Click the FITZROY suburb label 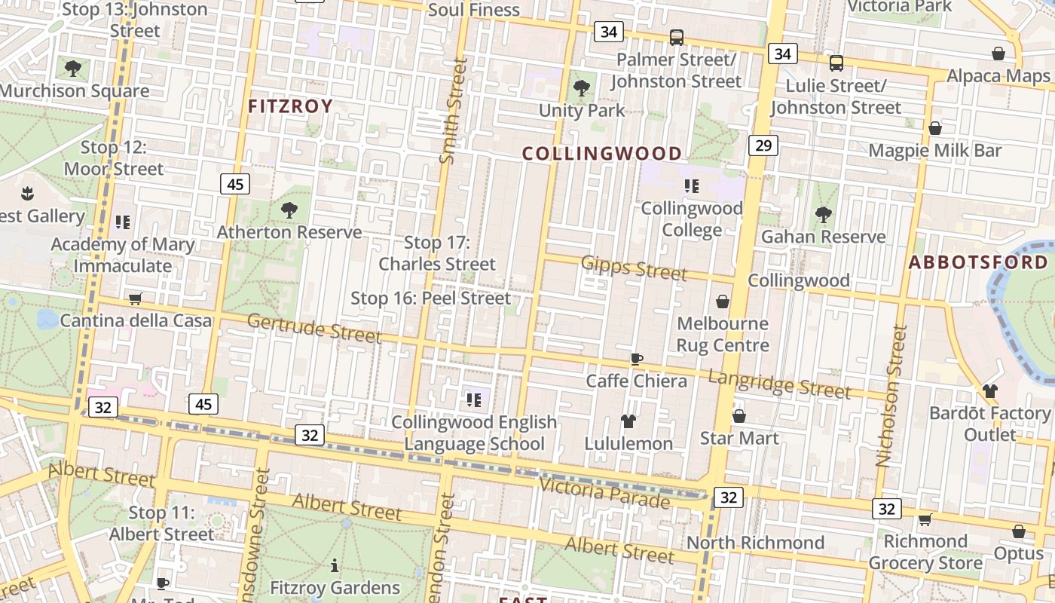tap(290, 106)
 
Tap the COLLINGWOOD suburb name tap(602, 154)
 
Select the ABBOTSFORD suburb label tap(977, 262)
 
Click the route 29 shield tap(763, 145)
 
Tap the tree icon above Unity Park tap(581, 88)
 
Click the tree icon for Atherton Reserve tap(289, 210)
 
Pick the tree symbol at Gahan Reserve tap(824, 215)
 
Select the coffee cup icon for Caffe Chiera tap(637, 359)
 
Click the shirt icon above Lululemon tap(628, 421)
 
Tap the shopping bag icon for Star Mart tap(739, 416)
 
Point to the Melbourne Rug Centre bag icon tap(723, 301)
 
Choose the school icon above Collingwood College tap(691, 185)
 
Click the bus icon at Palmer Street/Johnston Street tap(677, 37)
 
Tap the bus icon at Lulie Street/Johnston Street tap(836, 63)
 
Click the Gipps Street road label tap(634, 268)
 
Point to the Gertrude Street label tap(314, 328)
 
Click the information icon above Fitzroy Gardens tap(335, 565)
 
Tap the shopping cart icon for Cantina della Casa tap(136, 298)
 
